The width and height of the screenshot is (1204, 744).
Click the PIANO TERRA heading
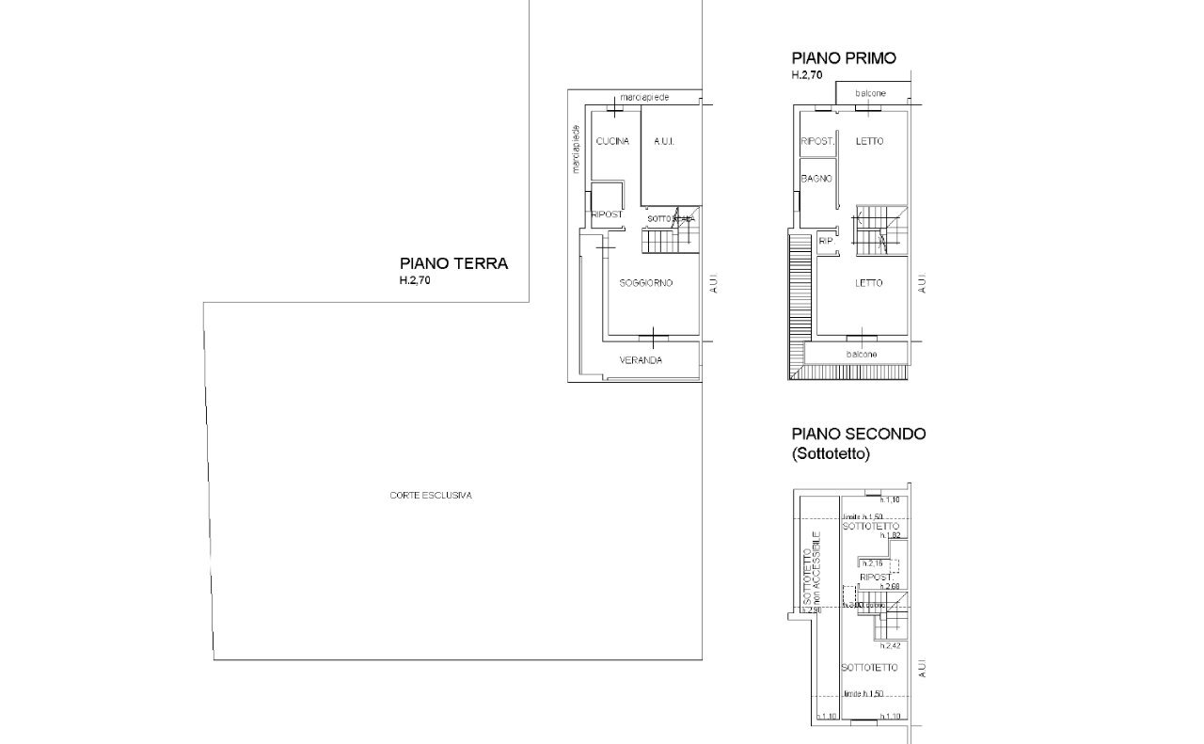point(453,263)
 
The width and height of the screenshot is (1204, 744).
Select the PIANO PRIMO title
point(843,58)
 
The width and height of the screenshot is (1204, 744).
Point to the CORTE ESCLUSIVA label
point(431,495)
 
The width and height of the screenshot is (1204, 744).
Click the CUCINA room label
point(612,141)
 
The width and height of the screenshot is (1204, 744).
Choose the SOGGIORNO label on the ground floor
point(645,283)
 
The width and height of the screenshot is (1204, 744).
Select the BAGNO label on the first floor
point(814,179)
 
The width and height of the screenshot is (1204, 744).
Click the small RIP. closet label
point(827,241)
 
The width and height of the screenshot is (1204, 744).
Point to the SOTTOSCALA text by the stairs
point(671,218)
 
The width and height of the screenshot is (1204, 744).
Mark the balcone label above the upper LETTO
point(870,93)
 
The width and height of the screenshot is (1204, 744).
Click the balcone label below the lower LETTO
point(862,354)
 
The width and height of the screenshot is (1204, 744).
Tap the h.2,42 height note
point(891,646)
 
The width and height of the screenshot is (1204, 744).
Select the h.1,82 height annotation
point(891,535)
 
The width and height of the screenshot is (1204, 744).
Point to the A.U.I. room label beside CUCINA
point(665,141)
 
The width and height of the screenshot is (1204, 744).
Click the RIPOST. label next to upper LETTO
point(817,141)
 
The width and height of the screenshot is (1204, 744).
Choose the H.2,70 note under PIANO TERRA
point(415,280)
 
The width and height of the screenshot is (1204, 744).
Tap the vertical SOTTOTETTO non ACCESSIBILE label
point(812,568)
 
